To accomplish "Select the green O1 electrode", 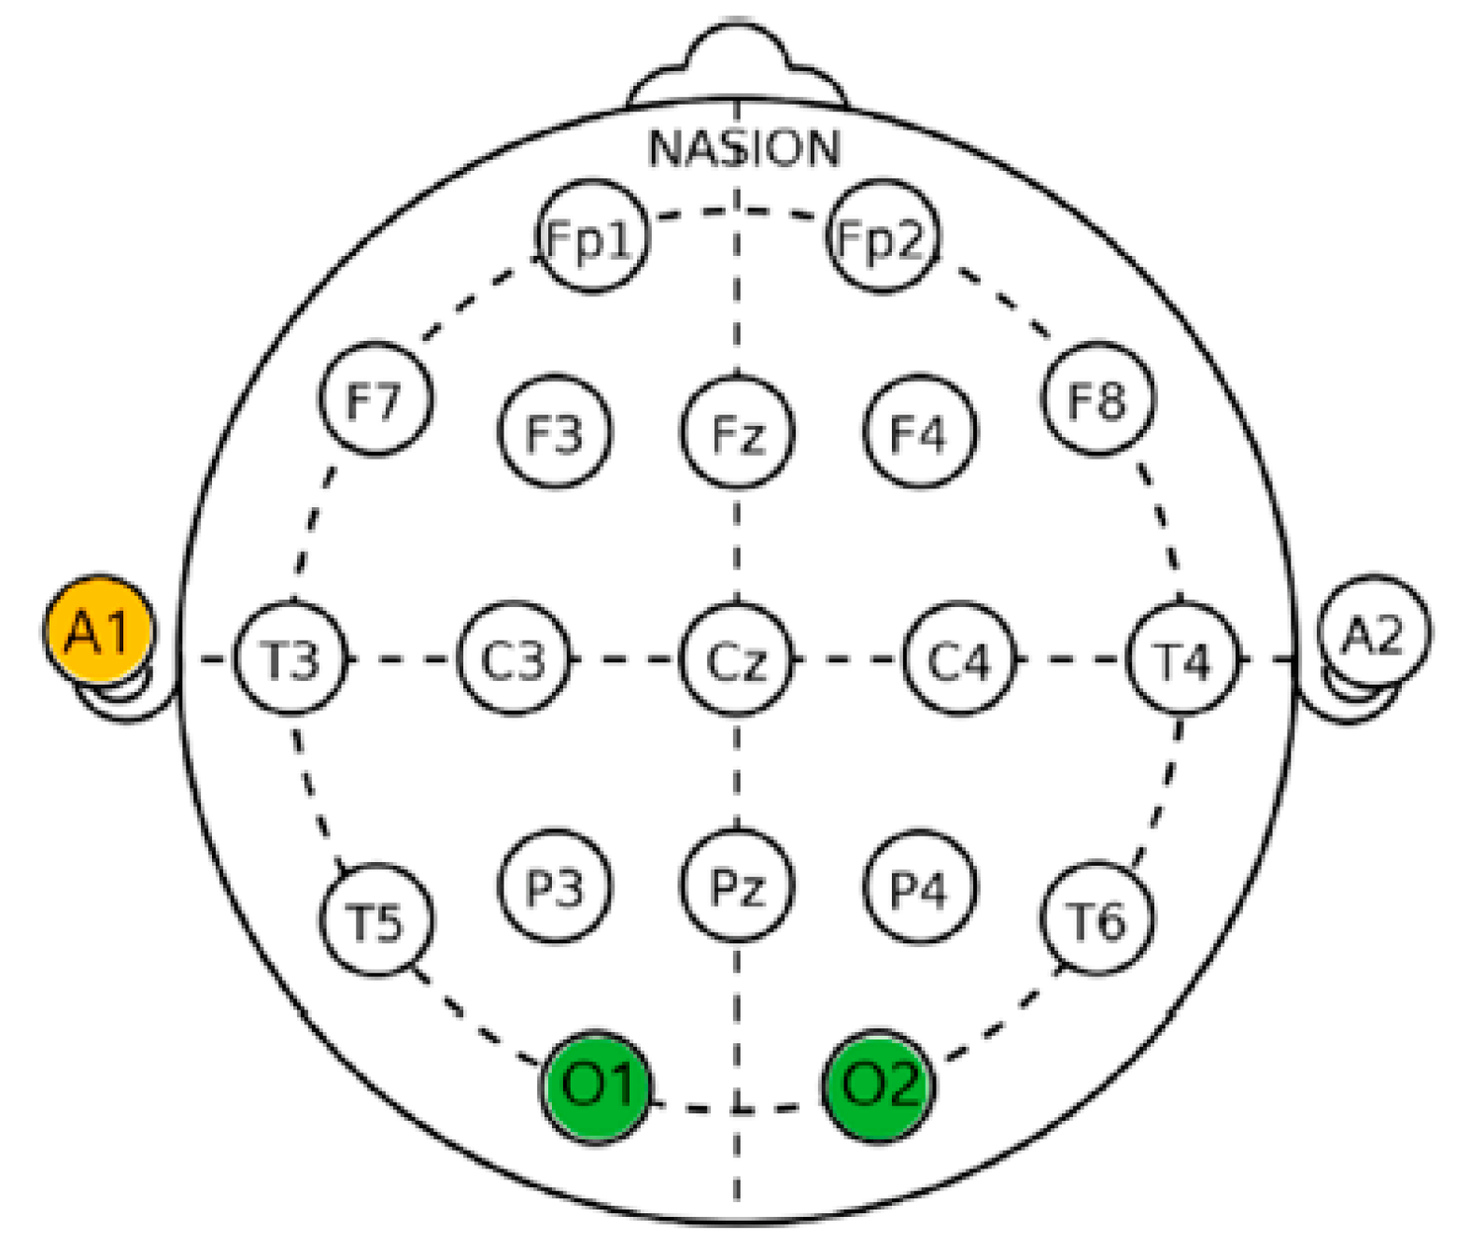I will [597, 1085].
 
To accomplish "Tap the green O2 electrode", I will [879, 1085].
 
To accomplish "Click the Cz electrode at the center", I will [737, 659].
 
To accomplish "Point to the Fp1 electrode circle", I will [592, 237].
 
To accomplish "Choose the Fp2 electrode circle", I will [883, 237].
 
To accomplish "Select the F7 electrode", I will [376, 399].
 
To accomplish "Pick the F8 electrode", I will [1097, 399].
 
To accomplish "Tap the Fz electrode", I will [737, 431].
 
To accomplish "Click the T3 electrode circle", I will [290, 659].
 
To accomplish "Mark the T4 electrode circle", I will [1182, 659].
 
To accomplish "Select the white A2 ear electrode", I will [1373, 633].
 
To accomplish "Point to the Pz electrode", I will [737, 884].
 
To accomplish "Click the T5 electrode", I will [376, 920].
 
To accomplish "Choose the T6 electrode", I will [1097, 920].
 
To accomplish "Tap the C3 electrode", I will [514, 659].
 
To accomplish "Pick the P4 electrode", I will [920, 884].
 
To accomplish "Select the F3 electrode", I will [555, 431].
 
